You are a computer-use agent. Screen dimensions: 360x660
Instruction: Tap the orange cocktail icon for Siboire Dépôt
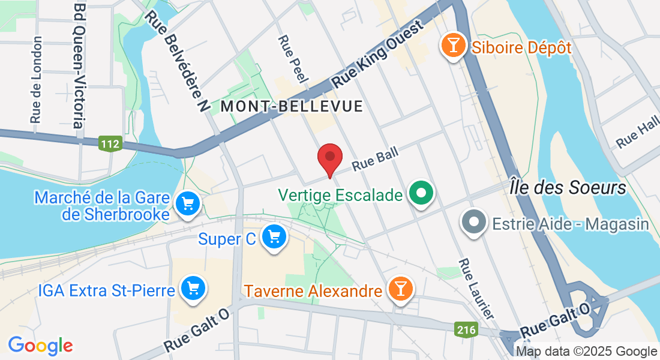(453, 46)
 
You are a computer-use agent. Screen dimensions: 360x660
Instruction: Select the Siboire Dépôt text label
(521, 47)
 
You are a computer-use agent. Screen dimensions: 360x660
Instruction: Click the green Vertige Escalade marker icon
(421, 194)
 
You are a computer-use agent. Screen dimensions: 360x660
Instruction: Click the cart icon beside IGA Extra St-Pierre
(193, 289)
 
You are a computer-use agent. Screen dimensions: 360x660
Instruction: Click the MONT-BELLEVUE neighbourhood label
(292, 106)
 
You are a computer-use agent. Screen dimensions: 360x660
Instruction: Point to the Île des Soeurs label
(568, 187)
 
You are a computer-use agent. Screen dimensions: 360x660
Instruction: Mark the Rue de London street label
(37, 79)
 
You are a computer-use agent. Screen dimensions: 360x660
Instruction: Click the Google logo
(40, 345)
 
